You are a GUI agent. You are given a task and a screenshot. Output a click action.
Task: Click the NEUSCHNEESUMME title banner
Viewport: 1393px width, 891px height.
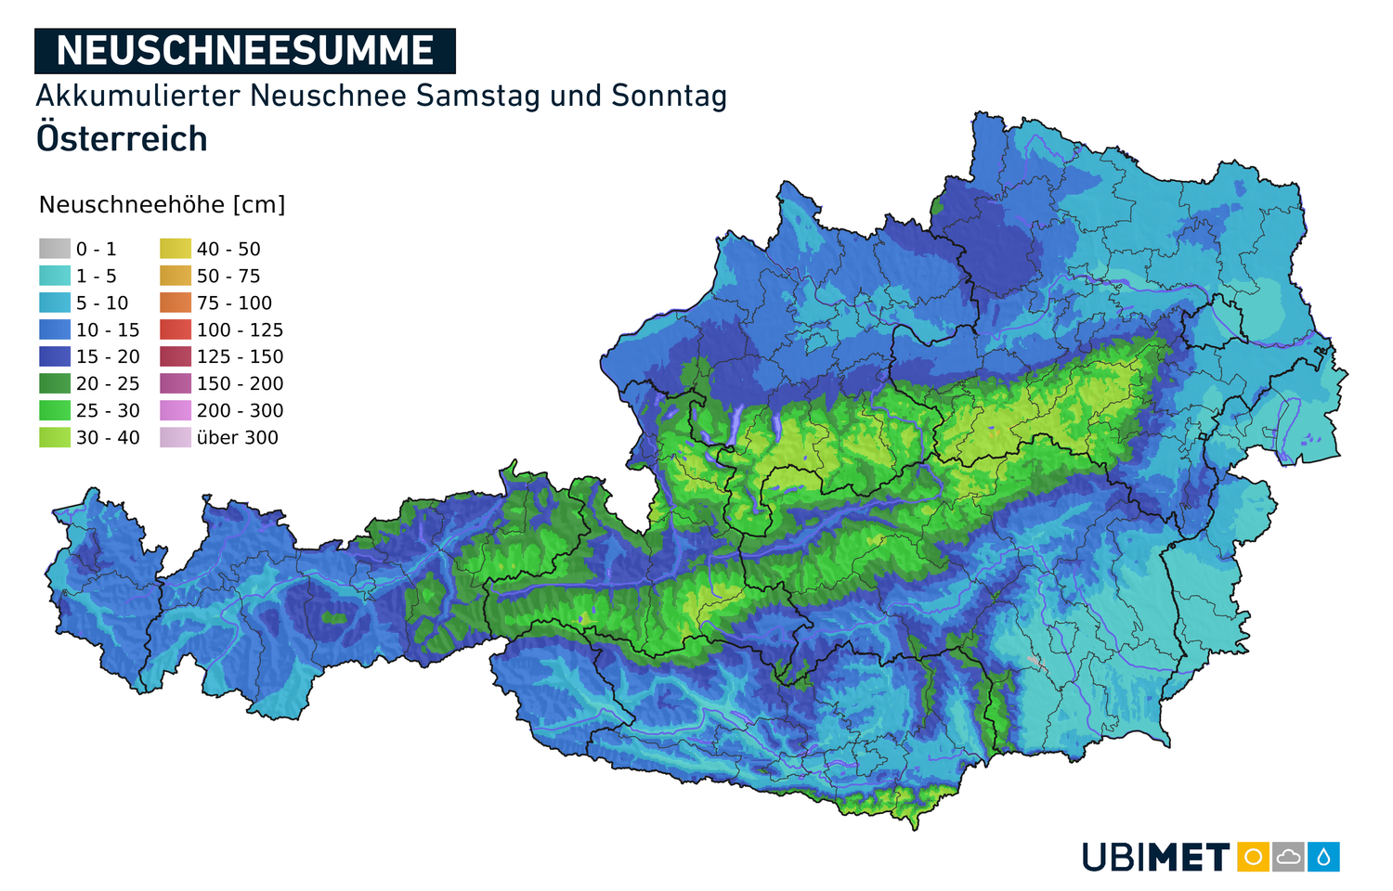(244, 51)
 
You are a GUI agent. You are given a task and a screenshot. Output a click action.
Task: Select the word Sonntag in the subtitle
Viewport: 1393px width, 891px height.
(669, 96)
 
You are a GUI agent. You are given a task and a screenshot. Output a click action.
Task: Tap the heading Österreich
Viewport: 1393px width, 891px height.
(122, 139)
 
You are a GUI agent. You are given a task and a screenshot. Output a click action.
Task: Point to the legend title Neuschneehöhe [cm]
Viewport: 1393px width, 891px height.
(162, 205)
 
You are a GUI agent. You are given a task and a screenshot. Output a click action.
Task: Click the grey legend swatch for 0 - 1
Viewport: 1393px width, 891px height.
(55, 249)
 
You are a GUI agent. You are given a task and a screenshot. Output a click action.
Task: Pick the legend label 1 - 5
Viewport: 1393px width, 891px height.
(97, 277)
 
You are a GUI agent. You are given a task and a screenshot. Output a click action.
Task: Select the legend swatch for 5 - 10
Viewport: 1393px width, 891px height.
(55, 303)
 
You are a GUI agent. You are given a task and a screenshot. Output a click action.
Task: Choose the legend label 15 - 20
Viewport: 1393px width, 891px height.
(108, 357)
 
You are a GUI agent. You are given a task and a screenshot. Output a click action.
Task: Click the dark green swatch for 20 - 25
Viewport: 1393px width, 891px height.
(55, 383)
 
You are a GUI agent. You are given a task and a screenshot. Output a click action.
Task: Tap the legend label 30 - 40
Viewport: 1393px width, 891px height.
(108, 438)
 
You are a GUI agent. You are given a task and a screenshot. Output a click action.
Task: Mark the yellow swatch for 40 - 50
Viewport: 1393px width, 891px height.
(176, 249)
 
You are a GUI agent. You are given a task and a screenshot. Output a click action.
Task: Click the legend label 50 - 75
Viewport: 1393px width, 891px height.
(228, 277)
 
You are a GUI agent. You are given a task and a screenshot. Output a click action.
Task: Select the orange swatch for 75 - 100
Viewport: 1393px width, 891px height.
(176, 303)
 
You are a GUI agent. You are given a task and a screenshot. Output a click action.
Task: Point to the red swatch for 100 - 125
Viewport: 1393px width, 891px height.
(176, 329)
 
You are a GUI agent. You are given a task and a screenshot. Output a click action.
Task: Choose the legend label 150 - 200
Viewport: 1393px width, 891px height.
(240, 384)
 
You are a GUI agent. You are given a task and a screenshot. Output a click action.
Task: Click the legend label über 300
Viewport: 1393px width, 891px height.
(237, 438)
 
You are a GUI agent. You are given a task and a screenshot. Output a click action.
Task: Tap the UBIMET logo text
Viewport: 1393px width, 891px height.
(1156, 858)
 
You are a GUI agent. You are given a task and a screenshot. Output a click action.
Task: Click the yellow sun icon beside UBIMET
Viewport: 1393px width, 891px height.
(1253, 857)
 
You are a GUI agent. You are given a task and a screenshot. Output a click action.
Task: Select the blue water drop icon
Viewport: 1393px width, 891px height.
(1323, 857)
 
